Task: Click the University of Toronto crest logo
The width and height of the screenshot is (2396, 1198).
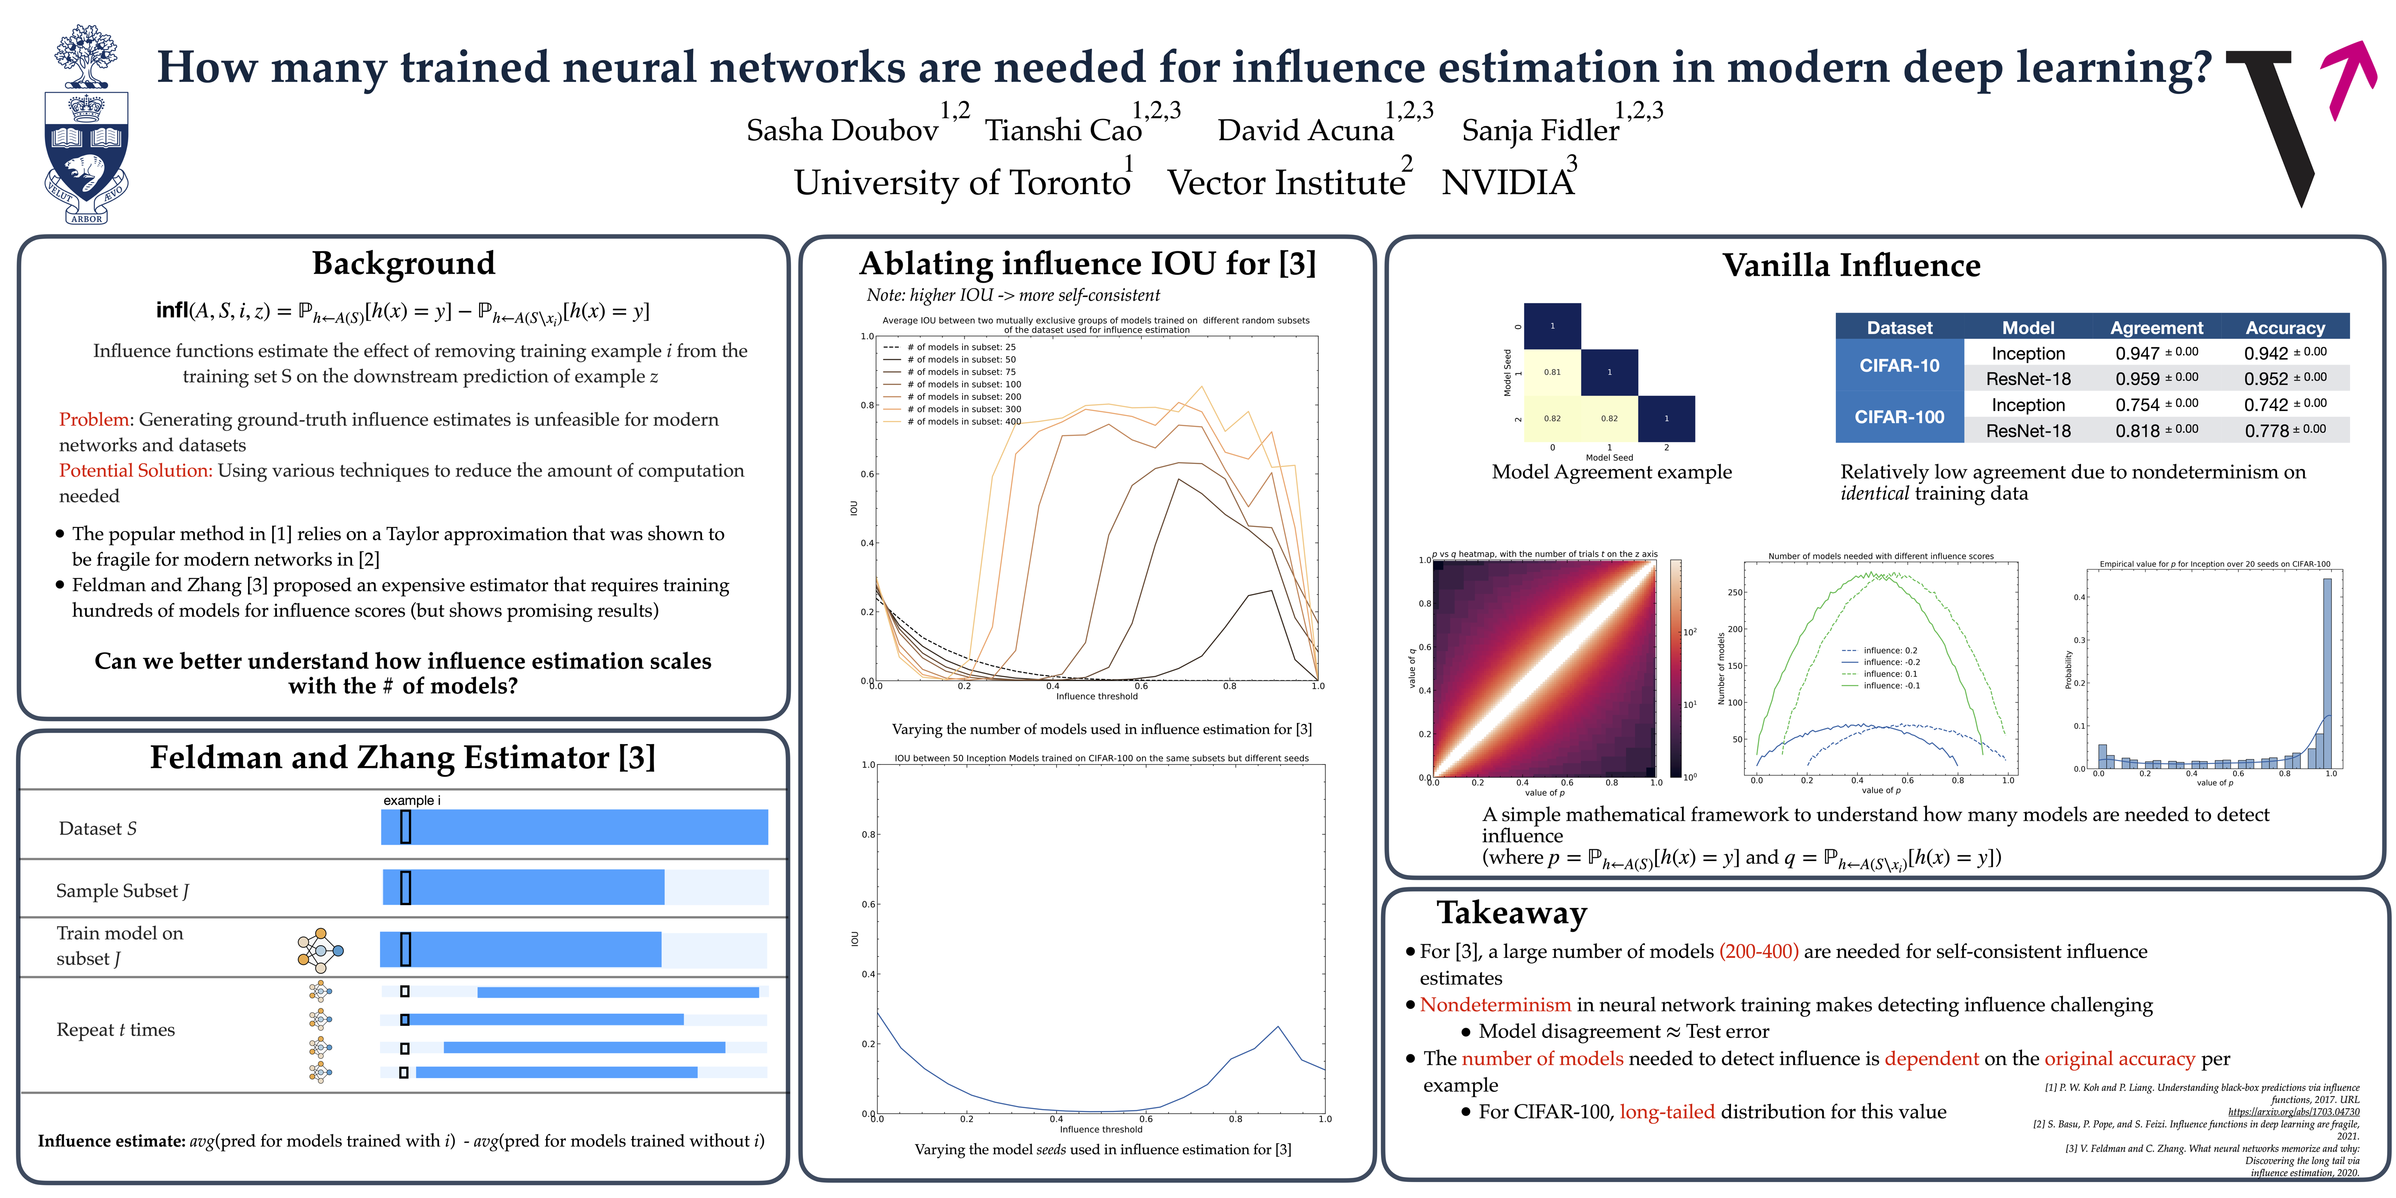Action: pyautogui.click(x=87, y=125)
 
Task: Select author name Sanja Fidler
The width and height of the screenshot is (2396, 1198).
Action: pyautogui.click(x=1539, y=130)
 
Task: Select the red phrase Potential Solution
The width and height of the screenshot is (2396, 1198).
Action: pyautogui.click(x=135, y=471)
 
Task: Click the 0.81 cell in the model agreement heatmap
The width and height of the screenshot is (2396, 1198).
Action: pyautogui.click(x=1552, y=372)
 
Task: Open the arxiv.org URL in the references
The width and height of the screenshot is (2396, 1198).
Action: pyautogui.click(x=2293, y=1111)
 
